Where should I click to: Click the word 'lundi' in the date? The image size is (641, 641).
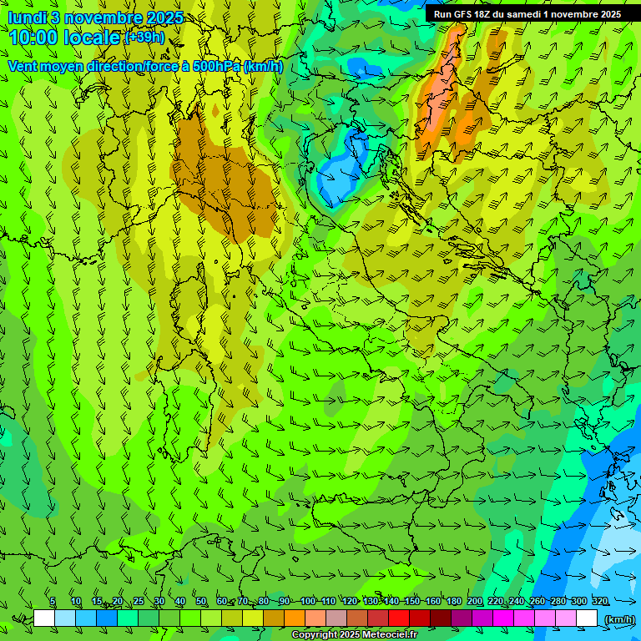(27, 18)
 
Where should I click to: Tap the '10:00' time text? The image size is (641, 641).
(33, 38)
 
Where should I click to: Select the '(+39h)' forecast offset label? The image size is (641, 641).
(144, 38)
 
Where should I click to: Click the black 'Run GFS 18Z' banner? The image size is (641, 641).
(527, 14)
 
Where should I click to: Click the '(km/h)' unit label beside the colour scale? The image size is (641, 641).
(618, 618)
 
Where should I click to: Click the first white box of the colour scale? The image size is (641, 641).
(45, 618)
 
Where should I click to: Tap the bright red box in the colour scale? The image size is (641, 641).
(399, 618)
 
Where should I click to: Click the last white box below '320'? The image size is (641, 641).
(587, 618)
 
